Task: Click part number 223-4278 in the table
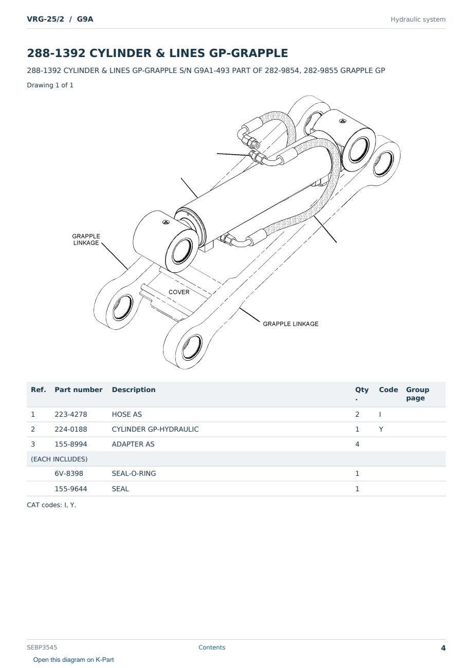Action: coord(71,414)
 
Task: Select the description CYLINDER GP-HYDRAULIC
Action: coord(155,429)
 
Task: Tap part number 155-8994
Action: coord(71,444)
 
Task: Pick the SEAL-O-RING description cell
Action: coord(134,473)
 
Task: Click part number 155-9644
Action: coord(71,489)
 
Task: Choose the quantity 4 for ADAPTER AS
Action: coord(357,444)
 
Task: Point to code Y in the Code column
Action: coord(381,429)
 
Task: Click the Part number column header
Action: coord(79,390)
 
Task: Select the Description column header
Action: coord(133,390)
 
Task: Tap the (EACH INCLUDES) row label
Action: coord(59,459)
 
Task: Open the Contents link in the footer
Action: coord(212,647)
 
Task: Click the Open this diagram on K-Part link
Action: coord(74,659)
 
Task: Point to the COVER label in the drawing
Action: coord(179,292)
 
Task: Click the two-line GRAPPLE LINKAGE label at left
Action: coord(86,239)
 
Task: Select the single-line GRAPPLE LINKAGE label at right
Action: coord(290,324)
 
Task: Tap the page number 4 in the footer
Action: coord(443,648)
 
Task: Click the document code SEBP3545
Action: coord(42,647)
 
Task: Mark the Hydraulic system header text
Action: coord(418,20)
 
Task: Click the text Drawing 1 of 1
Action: coord(50,85)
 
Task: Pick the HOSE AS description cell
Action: coord(127,414)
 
